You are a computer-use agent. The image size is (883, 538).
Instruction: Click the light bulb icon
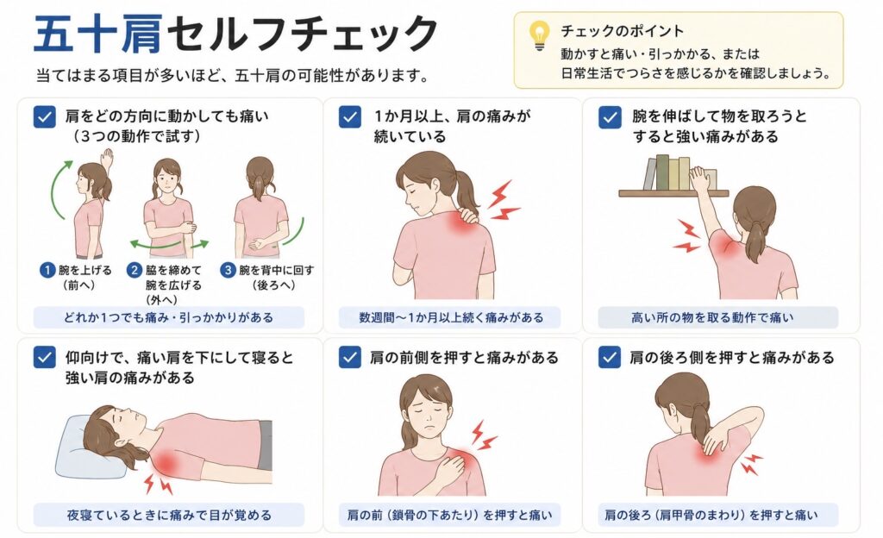pyautogui.click(x=540, y=34)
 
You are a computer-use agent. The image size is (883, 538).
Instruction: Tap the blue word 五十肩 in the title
pyautogui.click(x=98, y=34)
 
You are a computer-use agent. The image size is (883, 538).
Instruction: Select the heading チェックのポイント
pyautogui.click(x=622, y=31)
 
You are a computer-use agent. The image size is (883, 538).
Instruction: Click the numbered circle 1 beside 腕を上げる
pyautogui.click(x=47, y=270)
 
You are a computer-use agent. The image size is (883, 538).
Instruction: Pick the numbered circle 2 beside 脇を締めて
pyautogui.click(x=134, y=270)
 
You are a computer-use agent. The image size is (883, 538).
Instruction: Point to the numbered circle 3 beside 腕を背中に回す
pyautogui.click(x=228, y=270)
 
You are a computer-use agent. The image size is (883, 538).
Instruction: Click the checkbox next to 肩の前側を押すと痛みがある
pyautogui.click(x=350, y=357)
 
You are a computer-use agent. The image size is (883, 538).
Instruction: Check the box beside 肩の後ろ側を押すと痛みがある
pyautogui.click(x=610, y=357)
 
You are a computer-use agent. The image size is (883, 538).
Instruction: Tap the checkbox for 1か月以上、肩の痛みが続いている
pyautogui.click(x=350, y=117)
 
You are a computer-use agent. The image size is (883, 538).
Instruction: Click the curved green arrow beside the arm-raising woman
pyautogui.click(x=58, y=189)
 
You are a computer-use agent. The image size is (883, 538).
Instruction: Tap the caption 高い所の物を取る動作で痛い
pyautogui.click(x=711, y=317)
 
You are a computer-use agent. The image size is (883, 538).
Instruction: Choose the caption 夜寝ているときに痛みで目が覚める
pyautogui.click(x=169, y=515)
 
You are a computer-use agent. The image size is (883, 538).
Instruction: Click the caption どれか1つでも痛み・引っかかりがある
pyautogui.click(x=168, y=317)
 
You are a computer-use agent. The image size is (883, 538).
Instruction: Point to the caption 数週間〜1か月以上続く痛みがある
pyautogui.click(x=451, y=317)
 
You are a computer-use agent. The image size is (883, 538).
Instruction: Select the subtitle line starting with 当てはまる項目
pyautogui.click(x=233, y=75)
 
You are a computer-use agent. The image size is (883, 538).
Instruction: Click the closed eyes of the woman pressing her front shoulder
pyautogui.click(x=426, y=410)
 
